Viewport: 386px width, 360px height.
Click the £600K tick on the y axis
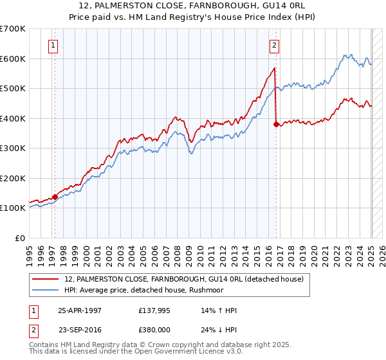[x=14, y=59]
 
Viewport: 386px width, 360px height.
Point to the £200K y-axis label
[x=14, y=178]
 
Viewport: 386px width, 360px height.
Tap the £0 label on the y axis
[x=20, y=238]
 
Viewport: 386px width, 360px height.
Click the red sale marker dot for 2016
[x=276, y=125]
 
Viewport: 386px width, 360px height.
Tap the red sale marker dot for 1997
[x=55, y=197]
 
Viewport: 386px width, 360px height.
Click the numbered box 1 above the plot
[x=52, y=45]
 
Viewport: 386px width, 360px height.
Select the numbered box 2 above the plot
[x=274, y=45]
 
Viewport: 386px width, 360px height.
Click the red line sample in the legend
[x=46, y=278]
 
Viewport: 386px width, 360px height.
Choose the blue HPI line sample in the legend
[x=46, y=289]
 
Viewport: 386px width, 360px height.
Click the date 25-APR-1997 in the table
[x=80, y=310]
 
